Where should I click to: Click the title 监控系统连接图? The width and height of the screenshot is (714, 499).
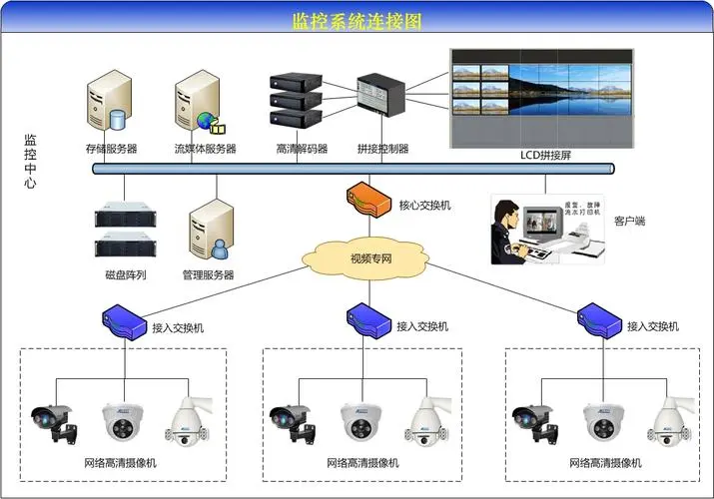point(357,20)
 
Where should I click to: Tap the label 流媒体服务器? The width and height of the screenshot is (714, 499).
point(205,150)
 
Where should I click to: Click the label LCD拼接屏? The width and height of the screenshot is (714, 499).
point(544,155)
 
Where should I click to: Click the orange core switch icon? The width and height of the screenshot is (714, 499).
point(366,201)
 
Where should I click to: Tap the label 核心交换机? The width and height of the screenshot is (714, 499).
point(425,206)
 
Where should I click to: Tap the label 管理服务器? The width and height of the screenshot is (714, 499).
point(208,274)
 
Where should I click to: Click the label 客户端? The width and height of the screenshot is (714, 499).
point(629,221)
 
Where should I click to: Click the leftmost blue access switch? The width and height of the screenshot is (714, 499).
point(125,321)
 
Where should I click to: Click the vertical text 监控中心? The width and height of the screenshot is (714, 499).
point(30,162)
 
